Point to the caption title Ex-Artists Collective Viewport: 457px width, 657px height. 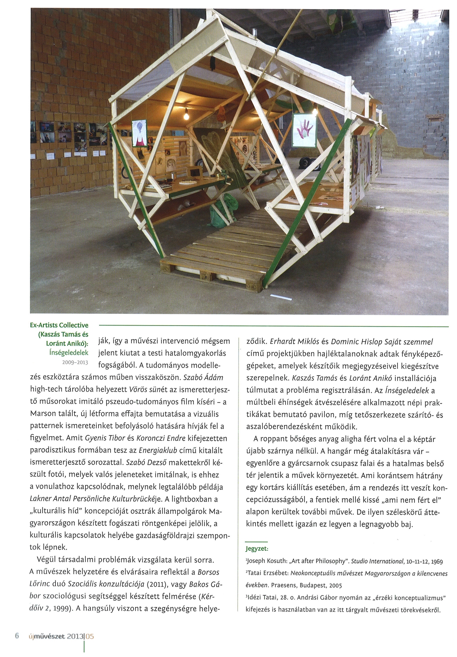pyautogui.click(x=59, y=325)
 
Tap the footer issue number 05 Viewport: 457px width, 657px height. pyautogui.click(x=90, y=636)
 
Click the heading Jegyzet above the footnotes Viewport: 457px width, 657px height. pyautogui.click(x=257, y=549)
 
